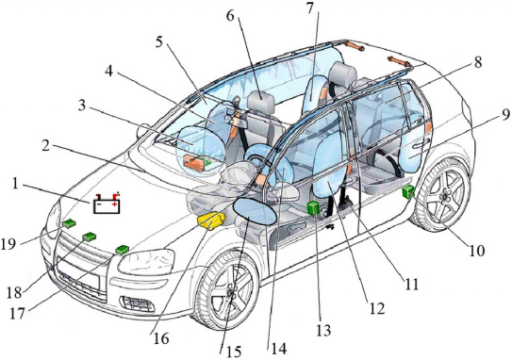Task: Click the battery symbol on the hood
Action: pyautogui.click(x=107, y=204)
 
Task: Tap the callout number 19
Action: pyautogui.click(x=8, y=243)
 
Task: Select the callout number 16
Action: pyautogui.click(x=160, y=338)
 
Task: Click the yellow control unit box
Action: pyautogui.click(x=211, y=221)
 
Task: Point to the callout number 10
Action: pyautogui.click(x=476, y=251)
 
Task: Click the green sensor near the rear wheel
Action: pyautogui.click(x=408, y=191)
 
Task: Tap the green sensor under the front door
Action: pyautogui.click(x=314, y=208)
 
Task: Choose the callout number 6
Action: pyautogui.click(x=230, y=15)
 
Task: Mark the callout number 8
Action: pyautogui.click(x=478, y=62)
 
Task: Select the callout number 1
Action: pyautogui.click(x=14, y=184)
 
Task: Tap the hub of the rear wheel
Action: pyautogui.click(x=445, y=196)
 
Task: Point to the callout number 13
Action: pyautogui.click(x=323, y=330)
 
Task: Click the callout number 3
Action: pyautogui.click(x=82, y=106)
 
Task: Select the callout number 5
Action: pyautogui.click(x=159, y=42)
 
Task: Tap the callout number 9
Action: pyautogui.click(x=505, y=115)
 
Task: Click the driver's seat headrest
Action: pyautogui.click(x=260, y=99)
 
